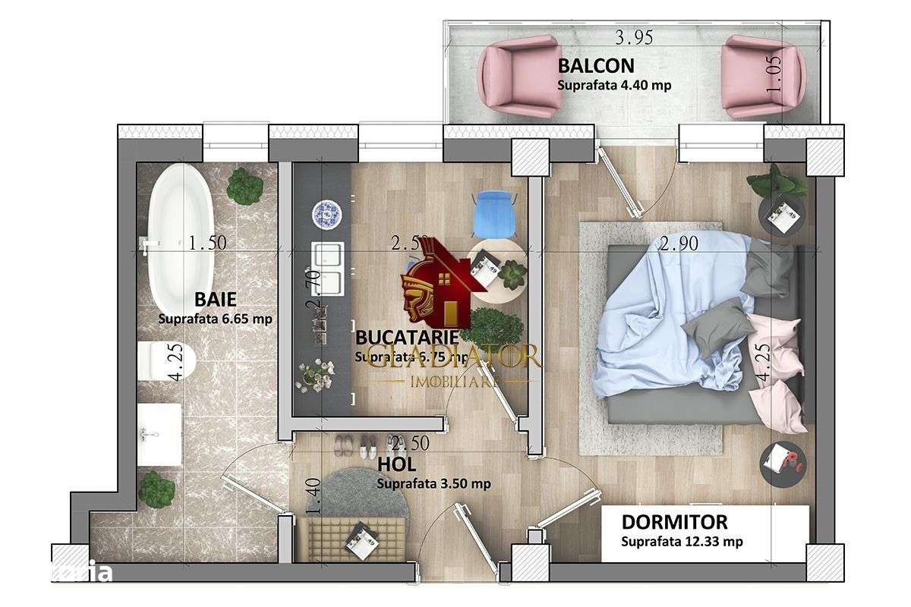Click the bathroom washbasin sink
pyautogui.click(x=159, y=434)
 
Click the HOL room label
pyautogui.click(x=392, y=464)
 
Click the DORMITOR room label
pyautogui.click(x=674, y=522)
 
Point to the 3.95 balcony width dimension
pyautogui.click(x=633, y=36)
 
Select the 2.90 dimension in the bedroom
pyautogui.click(x=679, y=244)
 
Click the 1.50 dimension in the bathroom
pyautogui.click(x=207, y=244)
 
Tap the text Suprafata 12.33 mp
pyautogui.click(x=681, y=542)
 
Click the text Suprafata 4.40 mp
pyautogui.click(x=613, y=85)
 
